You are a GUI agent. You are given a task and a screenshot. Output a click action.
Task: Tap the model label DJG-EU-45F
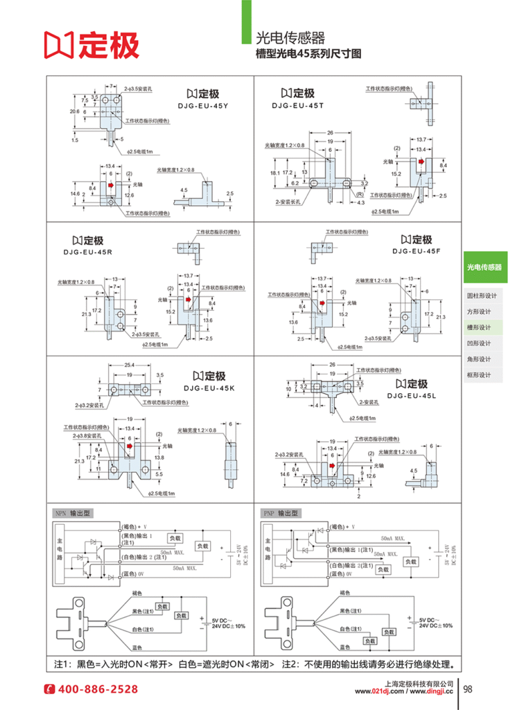click(x=416, y=250)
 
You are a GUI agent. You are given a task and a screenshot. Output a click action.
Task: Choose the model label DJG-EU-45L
click(x=411, y=395)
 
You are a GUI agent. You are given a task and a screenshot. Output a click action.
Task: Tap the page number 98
click(x=467, y=689)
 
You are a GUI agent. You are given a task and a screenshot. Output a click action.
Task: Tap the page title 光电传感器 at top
click(x=290, y=37)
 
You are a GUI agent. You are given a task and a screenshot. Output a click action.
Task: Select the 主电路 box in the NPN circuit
click(x=60, y=547)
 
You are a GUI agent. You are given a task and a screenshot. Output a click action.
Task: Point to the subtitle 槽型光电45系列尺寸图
click(x=308, y=54)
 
